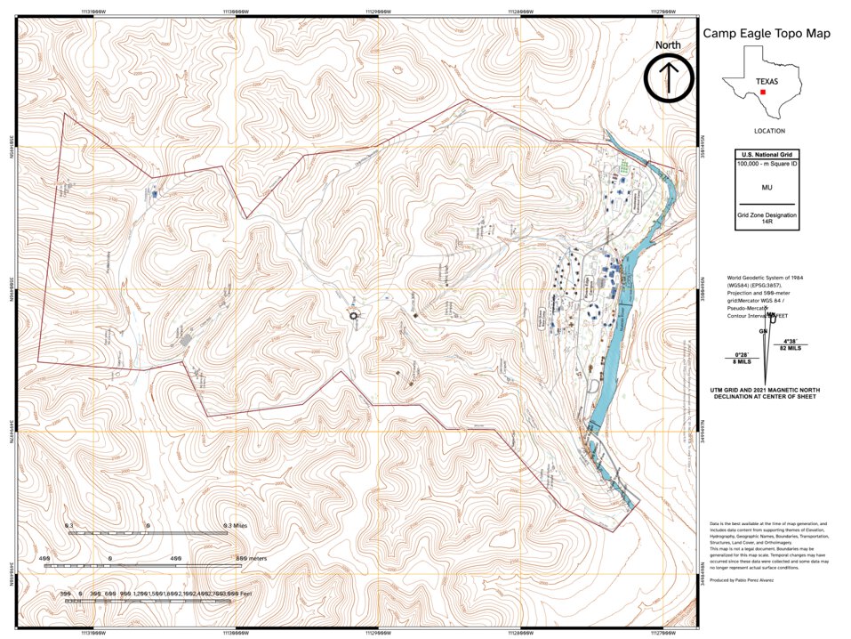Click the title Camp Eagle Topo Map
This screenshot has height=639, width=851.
tap(767, 34)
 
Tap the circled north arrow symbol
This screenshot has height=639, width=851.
tap(670, 77)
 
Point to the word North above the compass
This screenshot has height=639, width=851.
tap(670, 45)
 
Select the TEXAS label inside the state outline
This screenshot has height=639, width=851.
tap(767, 81)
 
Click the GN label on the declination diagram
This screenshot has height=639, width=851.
tap(763, 331)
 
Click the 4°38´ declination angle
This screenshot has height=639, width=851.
tap(789, 342)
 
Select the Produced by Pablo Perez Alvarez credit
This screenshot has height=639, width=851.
tap(742, 579)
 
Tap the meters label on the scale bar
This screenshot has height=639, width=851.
tap(253, 558)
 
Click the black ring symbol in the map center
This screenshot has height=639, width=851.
tap(353, 315)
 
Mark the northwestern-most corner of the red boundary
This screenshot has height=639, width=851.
tap(63, 114)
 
